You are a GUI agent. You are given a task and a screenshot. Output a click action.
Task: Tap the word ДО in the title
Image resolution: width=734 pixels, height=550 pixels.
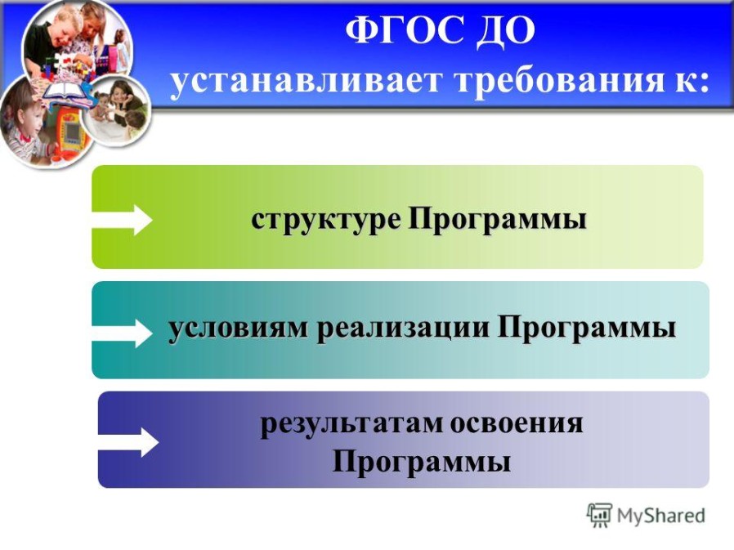point(506,31)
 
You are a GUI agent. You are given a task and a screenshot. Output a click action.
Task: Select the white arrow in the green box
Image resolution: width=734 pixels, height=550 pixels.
point(122,220)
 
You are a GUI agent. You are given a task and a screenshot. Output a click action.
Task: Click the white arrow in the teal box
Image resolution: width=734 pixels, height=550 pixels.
point(122,333)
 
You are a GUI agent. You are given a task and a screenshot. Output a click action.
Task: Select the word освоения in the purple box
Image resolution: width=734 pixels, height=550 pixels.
point(517,423)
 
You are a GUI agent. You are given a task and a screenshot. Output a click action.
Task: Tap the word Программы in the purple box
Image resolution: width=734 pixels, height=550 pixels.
point(421,461)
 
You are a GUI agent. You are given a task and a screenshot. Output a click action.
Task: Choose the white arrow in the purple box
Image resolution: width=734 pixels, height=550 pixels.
point(128,442)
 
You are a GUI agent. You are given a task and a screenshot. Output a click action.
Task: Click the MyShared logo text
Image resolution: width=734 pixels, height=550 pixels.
point(660,516)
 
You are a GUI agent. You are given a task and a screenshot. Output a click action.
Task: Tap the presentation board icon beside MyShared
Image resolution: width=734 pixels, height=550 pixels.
point(600,515)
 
